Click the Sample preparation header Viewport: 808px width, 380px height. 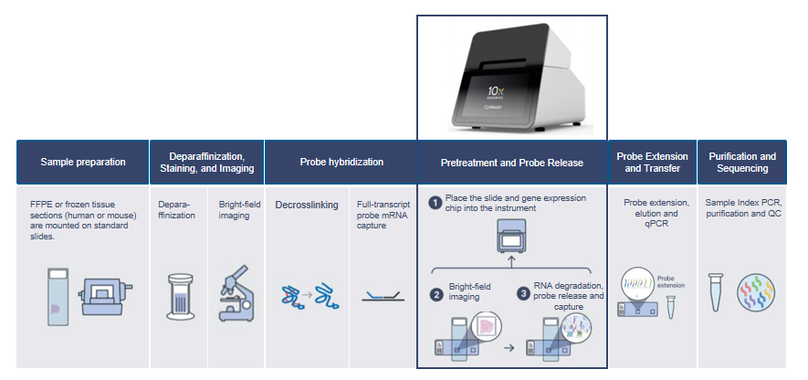coord(83,162)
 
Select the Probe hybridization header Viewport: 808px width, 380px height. coord(341,162)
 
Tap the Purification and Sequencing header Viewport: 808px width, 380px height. coord(742,162)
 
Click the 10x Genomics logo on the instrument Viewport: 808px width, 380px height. coord(496,94)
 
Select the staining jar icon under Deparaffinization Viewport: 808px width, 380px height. coord(181,297)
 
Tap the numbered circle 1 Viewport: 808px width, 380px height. coord(435,203)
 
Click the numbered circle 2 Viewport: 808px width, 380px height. coord(436,295)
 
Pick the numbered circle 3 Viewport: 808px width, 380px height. coord(523,294)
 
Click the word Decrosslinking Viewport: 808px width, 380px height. coord(307,205)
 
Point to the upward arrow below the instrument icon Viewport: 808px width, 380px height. coord(511,261)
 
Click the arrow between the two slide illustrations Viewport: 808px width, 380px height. coord(509,348)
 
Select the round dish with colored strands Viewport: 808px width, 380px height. coord(755,292)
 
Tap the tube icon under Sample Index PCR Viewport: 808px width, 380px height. coord(716,292)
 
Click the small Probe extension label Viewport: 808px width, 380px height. coord(671,281)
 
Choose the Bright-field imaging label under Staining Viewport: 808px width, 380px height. coord(234,210)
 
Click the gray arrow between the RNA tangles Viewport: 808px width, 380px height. coord(307,295)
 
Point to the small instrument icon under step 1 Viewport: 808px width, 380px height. coord(511,236)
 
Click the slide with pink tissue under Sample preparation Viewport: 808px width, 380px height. coord(58,297)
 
